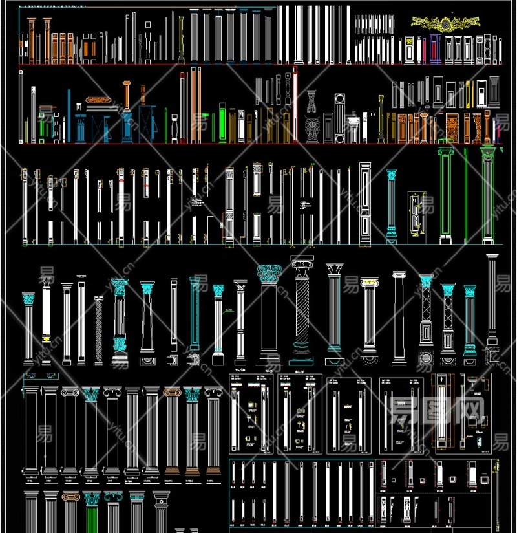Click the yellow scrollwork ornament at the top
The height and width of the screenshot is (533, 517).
pos(446,24)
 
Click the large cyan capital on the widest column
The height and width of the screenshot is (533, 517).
pos(269,274)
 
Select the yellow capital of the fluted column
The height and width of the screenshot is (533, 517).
pos(368,283)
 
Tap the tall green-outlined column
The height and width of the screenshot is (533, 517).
pos(445,194)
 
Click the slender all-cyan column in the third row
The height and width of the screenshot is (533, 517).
pos(391,204)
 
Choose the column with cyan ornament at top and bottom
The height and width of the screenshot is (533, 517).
pos(120,317)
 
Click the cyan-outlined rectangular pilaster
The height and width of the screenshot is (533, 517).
pos(195,314)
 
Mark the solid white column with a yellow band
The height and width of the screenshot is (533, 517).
pos(46,323)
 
